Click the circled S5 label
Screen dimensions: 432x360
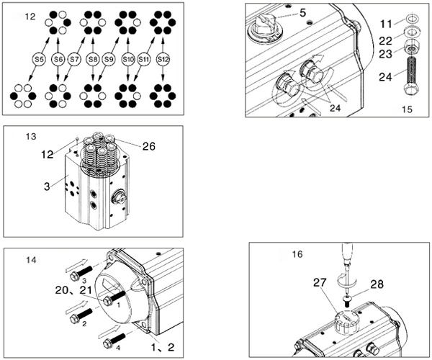pos(39,59)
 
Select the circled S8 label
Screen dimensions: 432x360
pos(93,59)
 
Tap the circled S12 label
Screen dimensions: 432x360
pos(163,59)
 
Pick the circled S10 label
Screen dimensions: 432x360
pos(128,59)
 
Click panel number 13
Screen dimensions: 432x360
pos(30,137)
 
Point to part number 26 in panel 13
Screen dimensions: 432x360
pos(149,146)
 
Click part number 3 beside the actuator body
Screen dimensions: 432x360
pos(47,186)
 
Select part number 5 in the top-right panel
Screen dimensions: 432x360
pos(303,13)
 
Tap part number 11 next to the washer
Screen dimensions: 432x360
pos(386,24)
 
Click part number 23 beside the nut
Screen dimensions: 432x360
pos(385,54)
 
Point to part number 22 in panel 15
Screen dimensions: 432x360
pos(385,41)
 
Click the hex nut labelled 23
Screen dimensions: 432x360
pos(411,45)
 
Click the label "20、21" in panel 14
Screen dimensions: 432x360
pos(73,290)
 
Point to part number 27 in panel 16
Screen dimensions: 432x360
pos(320,282)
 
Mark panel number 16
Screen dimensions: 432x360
pos(297,254)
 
